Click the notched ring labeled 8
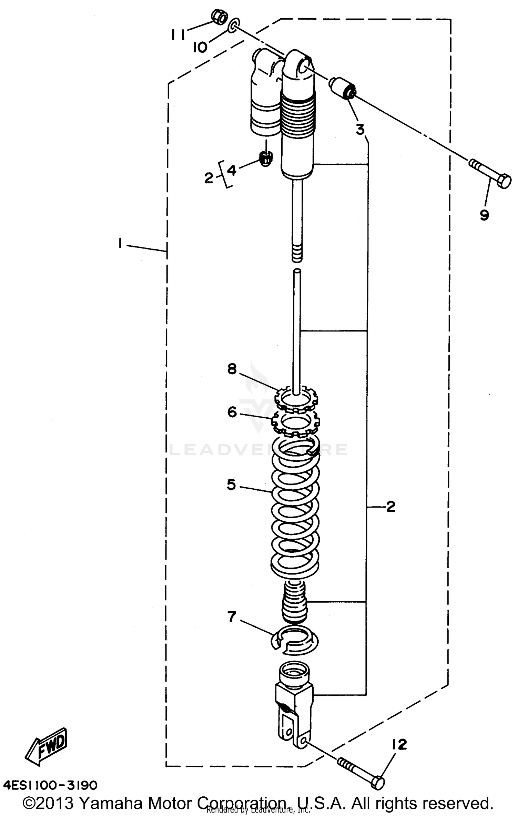(x=296, y=399)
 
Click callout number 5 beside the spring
(x=231, y=485)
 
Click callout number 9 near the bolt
(x=484, y=215)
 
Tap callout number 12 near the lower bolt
(x=399, y=745)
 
